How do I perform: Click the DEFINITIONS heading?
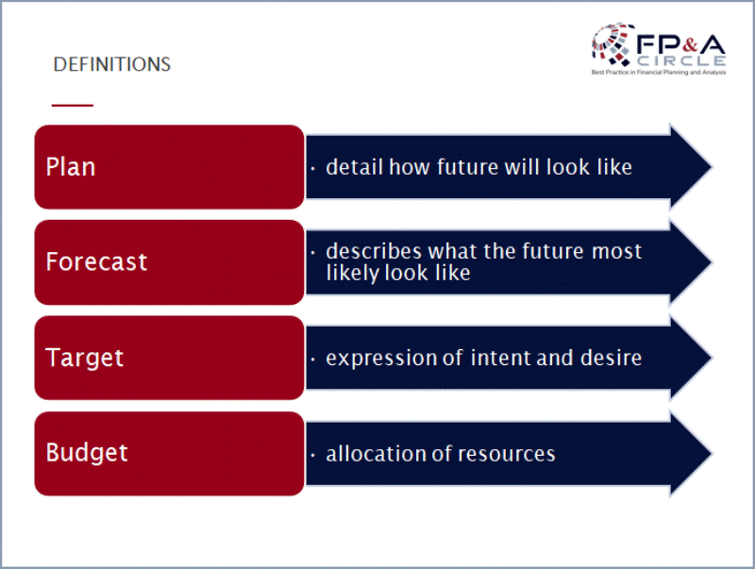click(111, 64)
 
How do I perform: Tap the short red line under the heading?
click(73, 105)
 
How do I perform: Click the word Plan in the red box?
click(71, 167)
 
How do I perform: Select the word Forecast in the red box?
click(96, 261)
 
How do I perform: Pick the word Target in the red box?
click(84, 358)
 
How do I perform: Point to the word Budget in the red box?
click(87, 453)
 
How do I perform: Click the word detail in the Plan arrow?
click(355, 167)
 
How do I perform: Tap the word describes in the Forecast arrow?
click(374, 251)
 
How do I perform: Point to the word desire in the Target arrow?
click(611, 359)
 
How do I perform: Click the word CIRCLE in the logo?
click(681, 61)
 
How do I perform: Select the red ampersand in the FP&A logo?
click(690, 44)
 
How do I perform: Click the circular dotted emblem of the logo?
click(612, 44)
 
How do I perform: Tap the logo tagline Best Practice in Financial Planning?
click(659, 73)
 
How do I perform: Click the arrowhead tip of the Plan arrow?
click(712, 167)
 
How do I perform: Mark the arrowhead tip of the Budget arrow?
click(712, 454)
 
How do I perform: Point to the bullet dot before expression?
click(313, 360)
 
